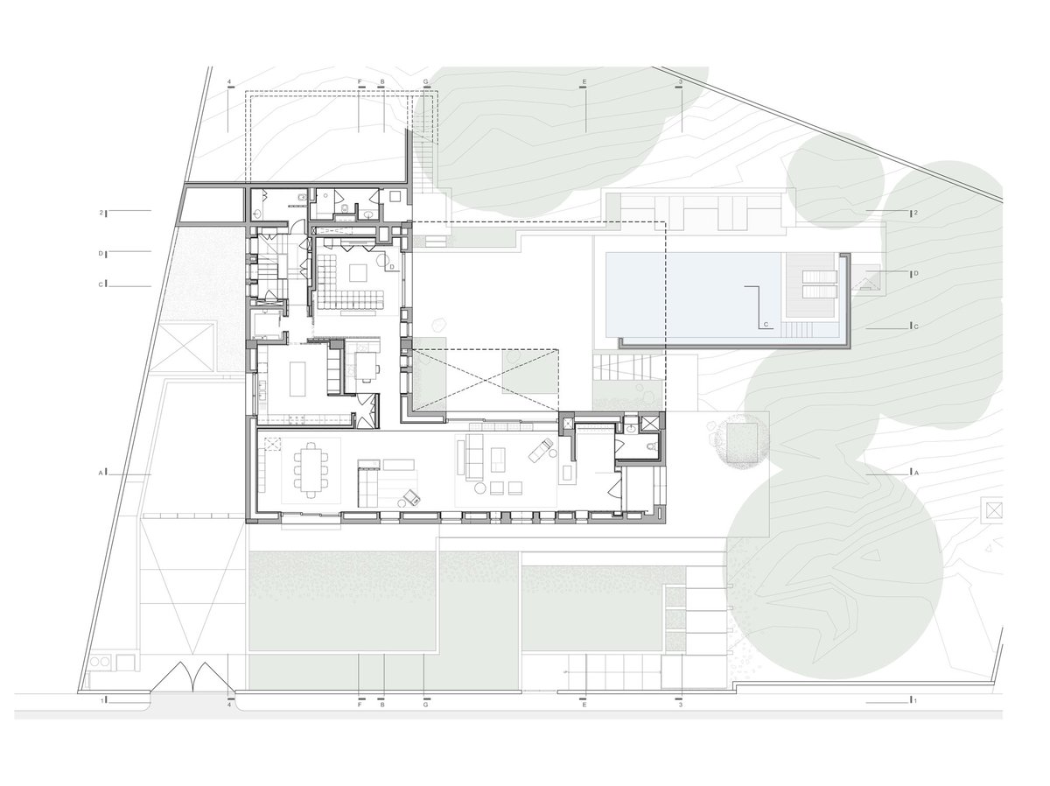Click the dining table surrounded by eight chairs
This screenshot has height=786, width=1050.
click(x=311, y=471)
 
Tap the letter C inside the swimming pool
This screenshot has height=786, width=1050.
click(x=766, y=325)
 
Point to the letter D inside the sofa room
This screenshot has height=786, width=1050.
click(x=392, y=266)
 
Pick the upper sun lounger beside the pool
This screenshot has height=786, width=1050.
click(x=820, y=277)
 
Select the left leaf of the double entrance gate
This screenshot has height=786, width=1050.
click(x=171, y=677)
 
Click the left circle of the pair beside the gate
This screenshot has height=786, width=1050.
click(x=94, y=662)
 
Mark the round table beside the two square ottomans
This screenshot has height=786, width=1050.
click(x=479, y=488)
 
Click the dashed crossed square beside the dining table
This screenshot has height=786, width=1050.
click(x=273, y=445)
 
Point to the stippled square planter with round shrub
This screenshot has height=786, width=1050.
click(x=741, y=442)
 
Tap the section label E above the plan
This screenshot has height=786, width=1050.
click(x=583, y=81)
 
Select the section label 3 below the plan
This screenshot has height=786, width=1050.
click(x=681, y=705)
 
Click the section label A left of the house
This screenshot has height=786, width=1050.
click(x=101, y=473)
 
